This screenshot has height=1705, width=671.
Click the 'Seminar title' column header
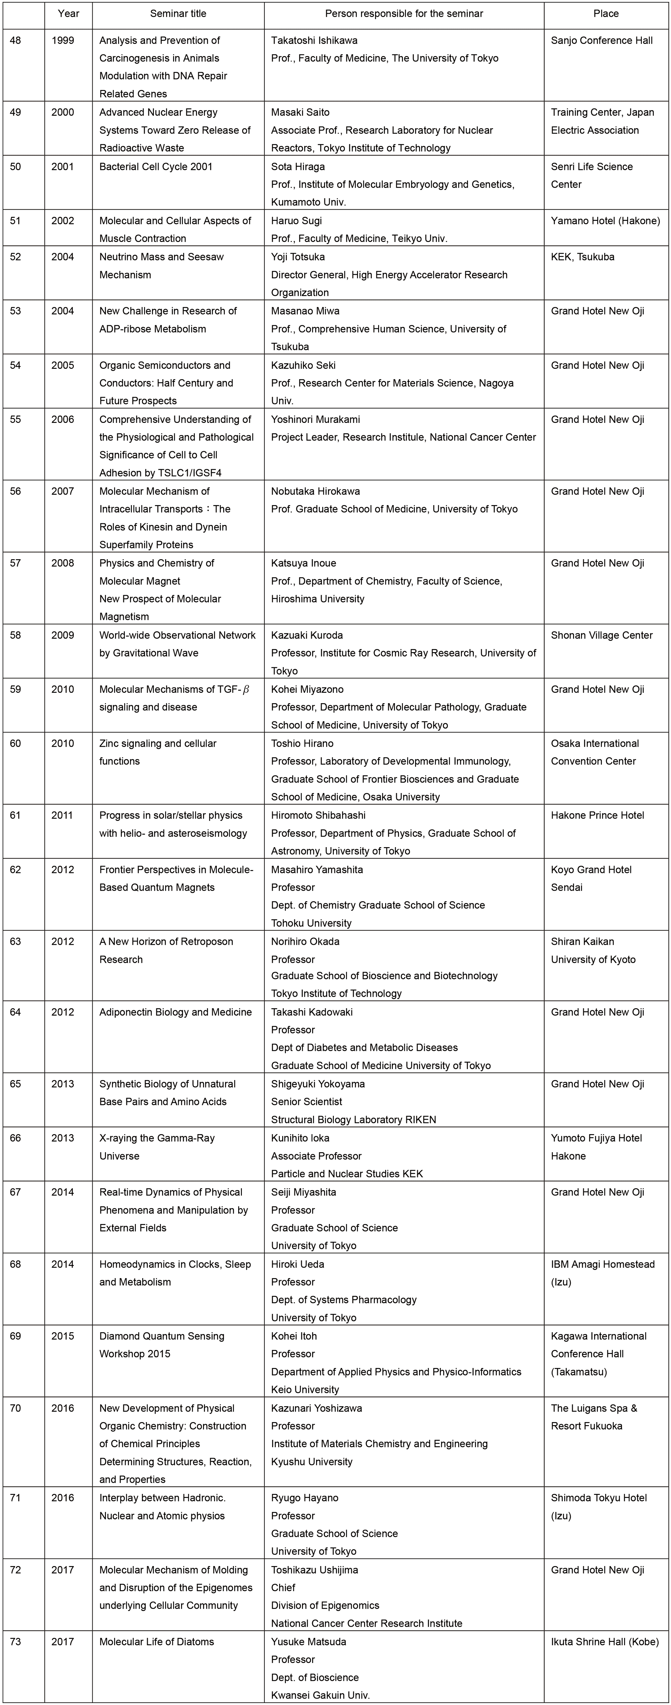tap(178, 13)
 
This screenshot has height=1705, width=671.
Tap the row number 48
tap(15, 40)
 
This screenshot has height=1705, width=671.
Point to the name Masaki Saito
tap(300, 112)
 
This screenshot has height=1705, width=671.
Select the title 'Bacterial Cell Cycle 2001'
tap(156, 167)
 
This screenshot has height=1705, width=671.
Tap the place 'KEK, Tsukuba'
tap(582, 257)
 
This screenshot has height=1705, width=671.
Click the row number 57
tap(15, 563)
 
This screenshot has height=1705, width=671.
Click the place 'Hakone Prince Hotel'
tap(597, 816)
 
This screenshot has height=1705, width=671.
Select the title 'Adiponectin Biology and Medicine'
tap(175, 1012)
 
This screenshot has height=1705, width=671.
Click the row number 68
tap(15, 1264)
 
